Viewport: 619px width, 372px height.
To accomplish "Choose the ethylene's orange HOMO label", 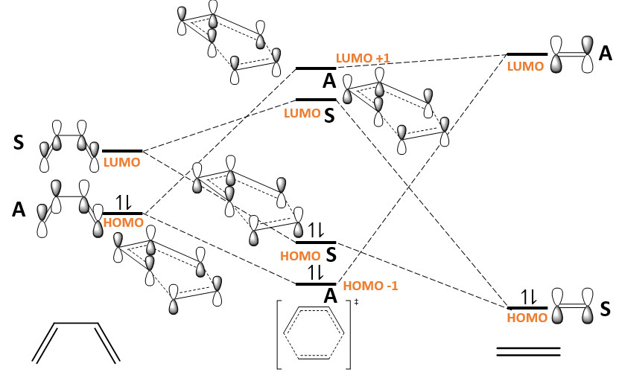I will [x=527, y=318].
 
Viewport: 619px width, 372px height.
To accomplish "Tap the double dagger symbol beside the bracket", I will [x=356, y=302].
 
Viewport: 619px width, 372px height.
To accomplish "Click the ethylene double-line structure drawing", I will [x=528, y=352].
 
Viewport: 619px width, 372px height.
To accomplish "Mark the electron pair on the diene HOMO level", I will [x=123, y=203].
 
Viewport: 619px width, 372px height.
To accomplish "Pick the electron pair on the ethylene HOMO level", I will [x=528, y=298].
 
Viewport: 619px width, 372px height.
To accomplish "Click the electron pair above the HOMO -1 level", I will [x=317, y=272].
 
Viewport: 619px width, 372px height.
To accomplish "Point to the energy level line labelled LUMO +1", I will [x=316, y=68].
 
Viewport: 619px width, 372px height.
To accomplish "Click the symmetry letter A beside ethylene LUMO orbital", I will [x=606, y=54].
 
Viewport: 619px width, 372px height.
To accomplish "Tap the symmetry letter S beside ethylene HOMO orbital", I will [x=606, y=307].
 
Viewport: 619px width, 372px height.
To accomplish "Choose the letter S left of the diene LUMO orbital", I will [x=19, y=142].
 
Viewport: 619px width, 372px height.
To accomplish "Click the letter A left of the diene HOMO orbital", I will [x=19, y=211].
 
